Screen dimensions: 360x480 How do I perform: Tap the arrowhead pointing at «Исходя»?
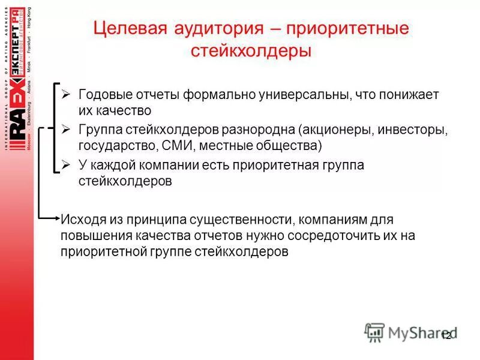pyautogui.click(x=56, y=216)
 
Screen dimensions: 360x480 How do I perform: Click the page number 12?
pyautogui.click(x=446, y=336)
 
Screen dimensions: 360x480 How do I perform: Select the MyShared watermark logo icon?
pyautogui.click(x=374, y=332)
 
